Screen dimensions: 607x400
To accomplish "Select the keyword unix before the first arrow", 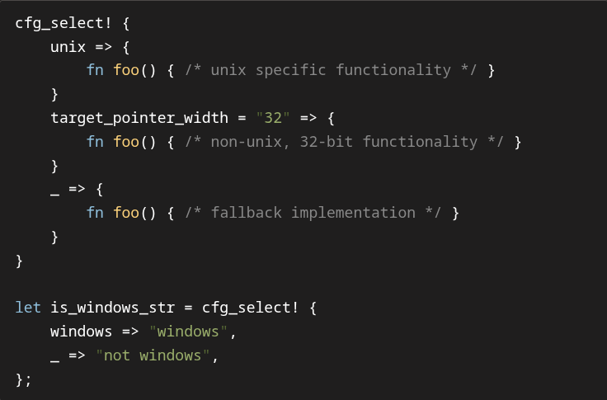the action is tap(68, 46).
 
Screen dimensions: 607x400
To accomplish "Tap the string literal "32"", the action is tap(273, 118).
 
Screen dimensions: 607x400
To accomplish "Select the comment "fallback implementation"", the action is tap(313, 213).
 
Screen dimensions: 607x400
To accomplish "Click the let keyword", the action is tap(28, 308).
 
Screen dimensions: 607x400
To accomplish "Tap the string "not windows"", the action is tap(157, 355).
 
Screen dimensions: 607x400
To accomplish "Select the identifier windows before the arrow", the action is tap(81, 332).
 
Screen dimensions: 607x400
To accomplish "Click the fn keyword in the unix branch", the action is tap(95, 70).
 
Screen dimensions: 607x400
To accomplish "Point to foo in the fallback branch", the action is tap(126, 213).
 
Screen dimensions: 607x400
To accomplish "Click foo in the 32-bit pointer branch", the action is tap(126, 142).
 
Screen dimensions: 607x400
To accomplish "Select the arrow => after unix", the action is tap(103, 46).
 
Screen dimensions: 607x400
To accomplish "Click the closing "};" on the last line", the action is tap(23, 379).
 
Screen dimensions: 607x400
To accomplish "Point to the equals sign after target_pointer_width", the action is tap(242, 118).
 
